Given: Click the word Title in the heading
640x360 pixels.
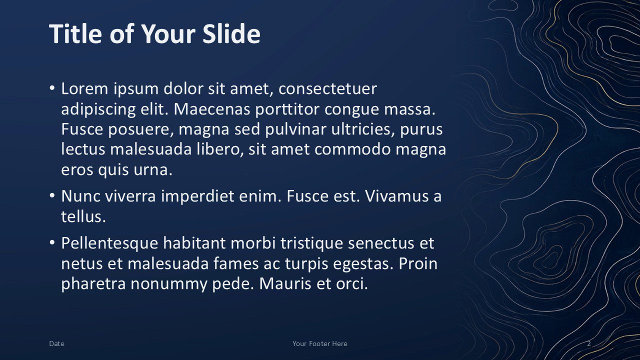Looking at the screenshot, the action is click(x=75, y=33).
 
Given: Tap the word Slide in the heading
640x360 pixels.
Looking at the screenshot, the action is click(x=231, y=33).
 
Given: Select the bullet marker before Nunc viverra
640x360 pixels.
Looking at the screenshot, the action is click(x=52, y=195).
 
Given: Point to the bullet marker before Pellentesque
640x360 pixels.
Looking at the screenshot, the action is click(x=52, y=242).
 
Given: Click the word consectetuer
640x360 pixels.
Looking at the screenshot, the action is click(x=327, y=88).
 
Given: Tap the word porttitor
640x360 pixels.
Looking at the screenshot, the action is click(x=287, y=109).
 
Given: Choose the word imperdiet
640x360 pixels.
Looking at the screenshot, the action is click(x=197, y=196).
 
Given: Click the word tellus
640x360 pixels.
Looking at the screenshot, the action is click(x=83, y=216).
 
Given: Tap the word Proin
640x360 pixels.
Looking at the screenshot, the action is click(x=418, y=263).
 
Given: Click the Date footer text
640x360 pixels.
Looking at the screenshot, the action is click(x=56, y=343).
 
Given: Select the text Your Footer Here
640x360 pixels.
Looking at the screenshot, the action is click(x=320, y=343).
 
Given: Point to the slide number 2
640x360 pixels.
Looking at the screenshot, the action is click(x=589, y=343).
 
